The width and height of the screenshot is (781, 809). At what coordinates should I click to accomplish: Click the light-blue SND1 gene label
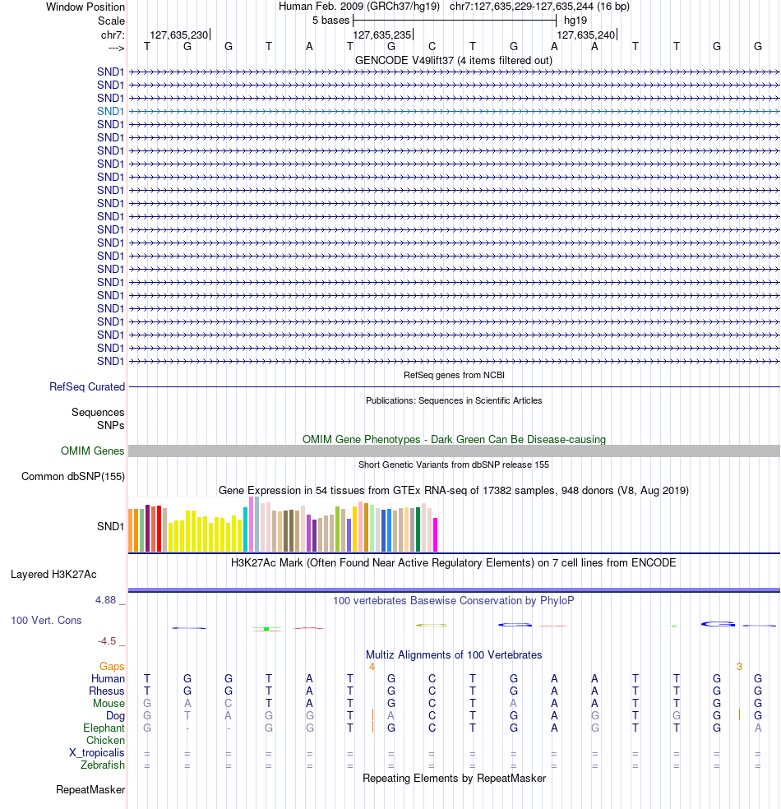click(110, 111)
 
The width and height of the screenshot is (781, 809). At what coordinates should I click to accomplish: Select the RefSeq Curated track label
click(87, 386)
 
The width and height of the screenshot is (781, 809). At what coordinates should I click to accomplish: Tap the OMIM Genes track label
click(93, 451)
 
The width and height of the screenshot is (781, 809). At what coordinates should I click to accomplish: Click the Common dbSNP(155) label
click(73, 476)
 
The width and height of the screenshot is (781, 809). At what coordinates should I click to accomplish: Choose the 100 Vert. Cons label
click(46, 620)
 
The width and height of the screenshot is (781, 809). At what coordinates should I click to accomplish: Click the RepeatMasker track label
click(90, 790)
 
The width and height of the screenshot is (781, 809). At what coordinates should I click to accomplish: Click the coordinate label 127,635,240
click(585, 35)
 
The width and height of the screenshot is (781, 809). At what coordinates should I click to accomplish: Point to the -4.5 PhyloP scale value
click(107, 640)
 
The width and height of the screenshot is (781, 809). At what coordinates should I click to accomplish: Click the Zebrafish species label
click(103, 765)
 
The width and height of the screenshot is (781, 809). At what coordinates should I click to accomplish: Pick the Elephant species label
click(104, 728)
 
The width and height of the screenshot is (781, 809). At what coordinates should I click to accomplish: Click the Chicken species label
click(105, 741)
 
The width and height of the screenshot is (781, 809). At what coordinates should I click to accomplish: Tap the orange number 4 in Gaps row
click(372, 666)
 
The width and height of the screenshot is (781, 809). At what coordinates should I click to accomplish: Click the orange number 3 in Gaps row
click(739, 666)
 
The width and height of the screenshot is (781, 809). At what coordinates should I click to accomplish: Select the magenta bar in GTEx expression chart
click(435, 534)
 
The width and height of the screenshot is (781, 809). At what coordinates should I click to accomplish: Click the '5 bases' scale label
click(330, 20)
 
